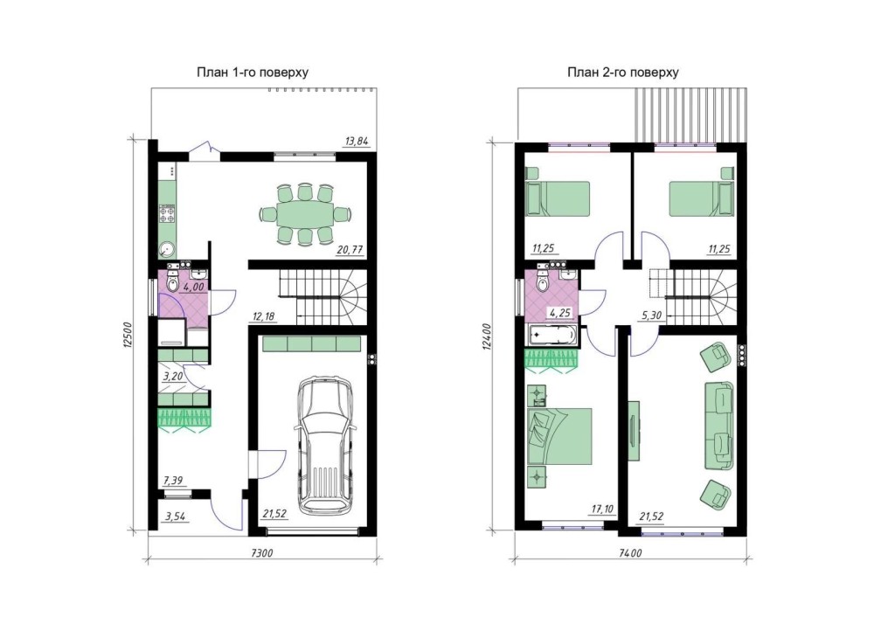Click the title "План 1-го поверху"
pos(253,73)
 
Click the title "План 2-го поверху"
pos(622,73)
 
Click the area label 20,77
pos(350,250)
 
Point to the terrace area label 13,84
pos(357,142)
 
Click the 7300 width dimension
pos(262,553)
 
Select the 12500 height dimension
pos(127,335)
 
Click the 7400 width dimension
pos(630,553)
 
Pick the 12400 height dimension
pos(488,336)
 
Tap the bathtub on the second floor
pos(551,336)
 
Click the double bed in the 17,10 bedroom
pos(559,436)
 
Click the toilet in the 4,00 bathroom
pos(173,282)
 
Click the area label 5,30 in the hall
pos(652,315)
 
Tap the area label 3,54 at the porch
pos(175,516)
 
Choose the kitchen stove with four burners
pos(167,213)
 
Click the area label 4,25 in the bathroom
pos(560,313)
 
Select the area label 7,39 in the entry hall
pos(173,481)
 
